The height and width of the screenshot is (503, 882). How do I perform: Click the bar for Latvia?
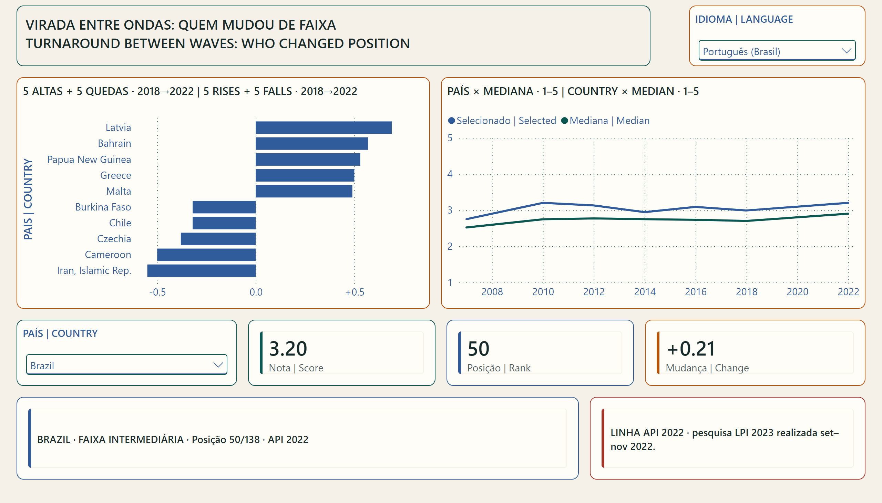pyautogui.click(x=324, y=127)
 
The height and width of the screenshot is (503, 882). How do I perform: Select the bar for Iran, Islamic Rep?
pyautogui.click(x=202, y=270)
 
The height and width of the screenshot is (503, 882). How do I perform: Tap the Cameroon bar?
pyautogui.click(x=206, y=255)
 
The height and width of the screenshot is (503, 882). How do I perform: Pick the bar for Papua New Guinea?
pyautogui.click(x=308, y=159)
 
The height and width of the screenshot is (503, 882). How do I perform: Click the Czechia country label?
pyautogui.click(x=114, y=239)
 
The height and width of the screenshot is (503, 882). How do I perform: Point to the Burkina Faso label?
pyautogui.click(x=103, y=207)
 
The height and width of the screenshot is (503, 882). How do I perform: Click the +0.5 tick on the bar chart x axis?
pyautogui.click(x=355, y=292)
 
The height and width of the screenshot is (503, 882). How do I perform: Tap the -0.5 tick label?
pyautogui.click(x=157, y=292)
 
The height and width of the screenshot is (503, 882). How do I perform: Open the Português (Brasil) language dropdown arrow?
pyautogui.click(x=846, y=51)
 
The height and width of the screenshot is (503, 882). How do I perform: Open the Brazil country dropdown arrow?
pyautogui.click(x=218, y=365)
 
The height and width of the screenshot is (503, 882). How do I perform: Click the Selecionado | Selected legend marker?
pyautogui.click(x=451, y=121)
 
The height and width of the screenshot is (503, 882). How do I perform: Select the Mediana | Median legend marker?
pyautogui.click(x=564, y=121)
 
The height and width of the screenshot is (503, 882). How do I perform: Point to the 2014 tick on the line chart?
pyautogui.click(x=645, y=292)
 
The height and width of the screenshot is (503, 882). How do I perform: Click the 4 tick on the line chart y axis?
pyautogui.click(x=450, y=174)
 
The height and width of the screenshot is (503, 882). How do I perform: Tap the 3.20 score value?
pyautogui.click(x=288, y=348)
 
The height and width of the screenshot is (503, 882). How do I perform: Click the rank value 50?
pyautogui.click(x=479, y=348)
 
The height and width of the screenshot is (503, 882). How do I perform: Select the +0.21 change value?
pyautogui.click(x=690, y=348)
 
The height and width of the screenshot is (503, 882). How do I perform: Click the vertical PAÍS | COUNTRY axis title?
pyautogui.click(x=28, y=199)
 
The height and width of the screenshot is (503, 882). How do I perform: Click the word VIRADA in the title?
pyautogui.click(x=50, y=25)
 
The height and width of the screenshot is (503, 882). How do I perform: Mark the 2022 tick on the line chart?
pyautogui.click(x=848, y=292)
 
